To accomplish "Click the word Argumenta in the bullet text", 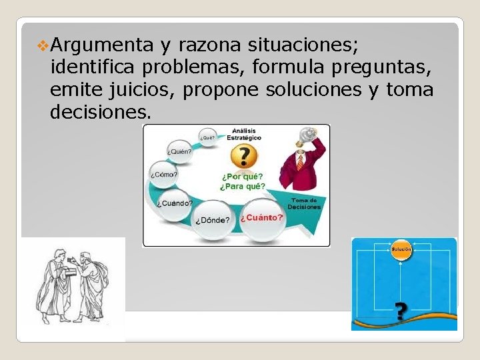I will pos(102,45).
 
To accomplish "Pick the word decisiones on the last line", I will pos(100,111).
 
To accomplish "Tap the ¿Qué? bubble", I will pos(207,138).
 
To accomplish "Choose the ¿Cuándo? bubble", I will pos(175,203).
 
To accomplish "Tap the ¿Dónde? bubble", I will pos(213,220).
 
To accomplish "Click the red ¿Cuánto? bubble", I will pos(262,218).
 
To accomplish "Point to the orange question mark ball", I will pos(244,156).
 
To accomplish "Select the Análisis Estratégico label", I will pos(244,133).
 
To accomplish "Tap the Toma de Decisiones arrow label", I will pos(304,203).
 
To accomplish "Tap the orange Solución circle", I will pos(401,249).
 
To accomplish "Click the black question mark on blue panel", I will pos(400,311).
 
